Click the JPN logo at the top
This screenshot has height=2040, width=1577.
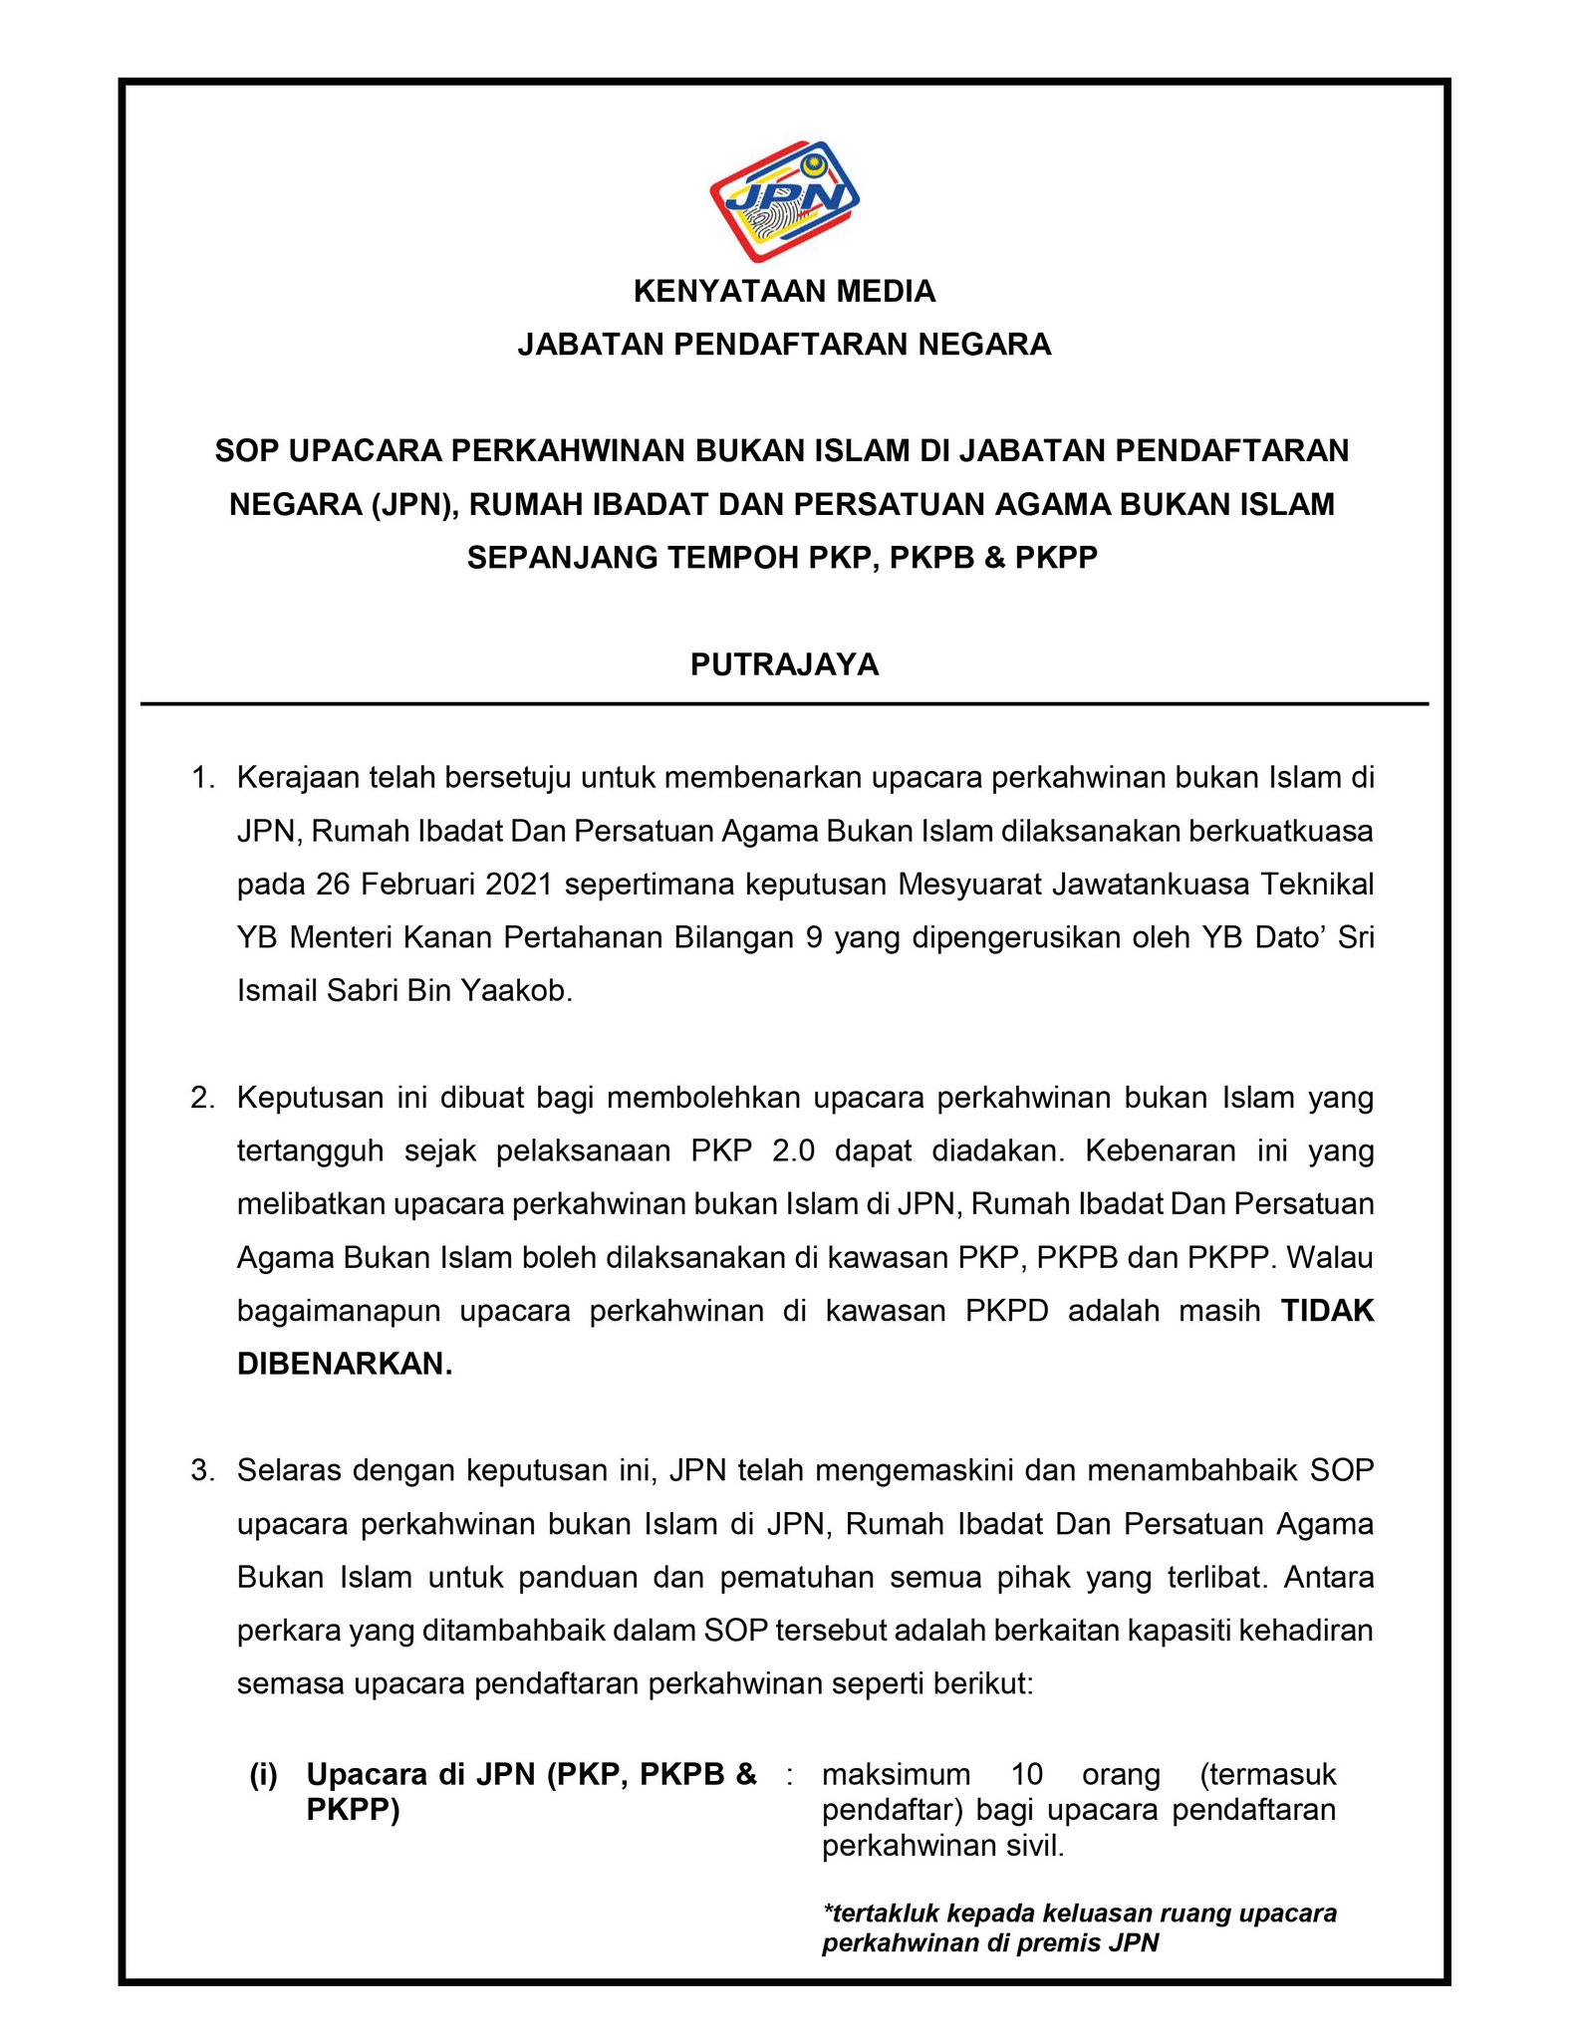[x=784, y=200]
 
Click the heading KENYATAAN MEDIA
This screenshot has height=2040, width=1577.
[x=784, y=292]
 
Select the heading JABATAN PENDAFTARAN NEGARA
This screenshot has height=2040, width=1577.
[x=784, y=345]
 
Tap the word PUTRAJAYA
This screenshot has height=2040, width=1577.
[x=784, y=664]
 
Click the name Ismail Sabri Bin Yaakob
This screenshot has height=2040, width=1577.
[x=404, y=990]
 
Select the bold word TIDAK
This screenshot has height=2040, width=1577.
[x=1327, y=1311]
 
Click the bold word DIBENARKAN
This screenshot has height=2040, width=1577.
[x=344, y=1364]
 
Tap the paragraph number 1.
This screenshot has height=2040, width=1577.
[x=203, y=777]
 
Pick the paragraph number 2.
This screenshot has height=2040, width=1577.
[x=203, y=1098]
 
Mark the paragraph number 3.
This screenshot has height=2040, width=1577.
[x=203, y=1470]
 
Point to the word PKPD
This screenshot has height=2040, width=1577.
[x=1007, y=1311]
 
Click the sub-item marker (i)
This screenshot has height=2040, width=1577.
[x=264, y=1774]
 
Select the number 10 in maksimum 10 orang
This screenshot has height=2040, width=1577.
[x=1026, y=1774]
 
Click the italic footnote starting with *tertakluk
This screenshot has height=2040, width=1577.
[x=1079, y=1927]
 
